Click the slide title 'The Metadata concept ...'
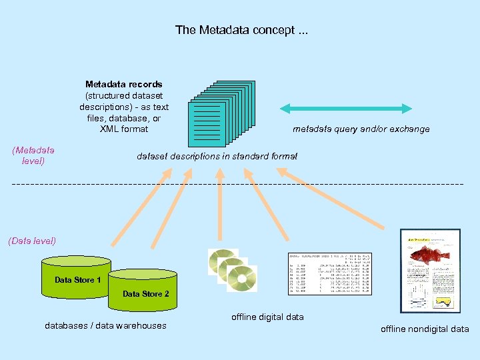241,30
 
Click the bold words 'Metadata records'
123,84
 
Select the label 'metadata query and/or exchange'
361,129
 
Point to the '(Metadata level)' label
33,156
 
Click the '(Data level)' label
32,241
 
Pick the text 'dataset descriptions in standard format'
217,157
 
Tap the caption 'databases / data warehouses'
105,325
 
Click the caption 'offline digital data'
267,317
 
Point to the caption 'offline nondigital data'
425,329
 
